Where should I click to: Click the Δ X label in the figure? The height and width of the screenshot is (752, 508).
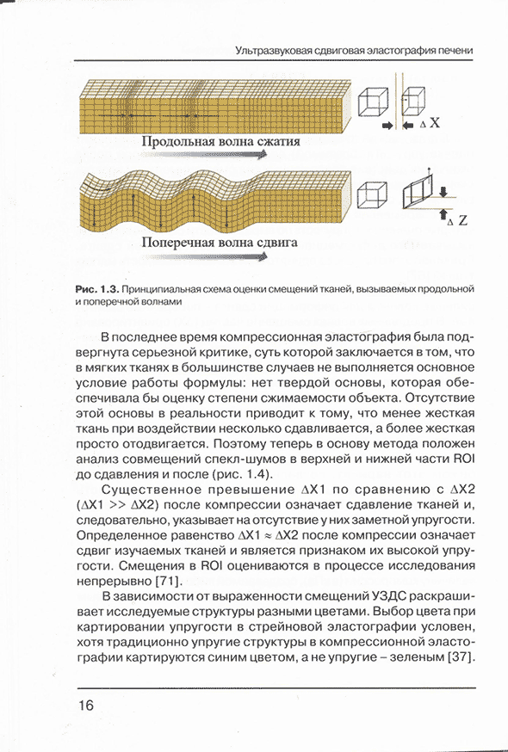tap(430, 123)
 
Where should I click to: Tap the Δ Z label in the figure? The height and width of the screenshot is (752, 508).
tap(457, 221)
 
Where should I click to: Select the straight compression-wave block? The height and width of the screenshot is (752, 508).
tap(215, 108)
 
